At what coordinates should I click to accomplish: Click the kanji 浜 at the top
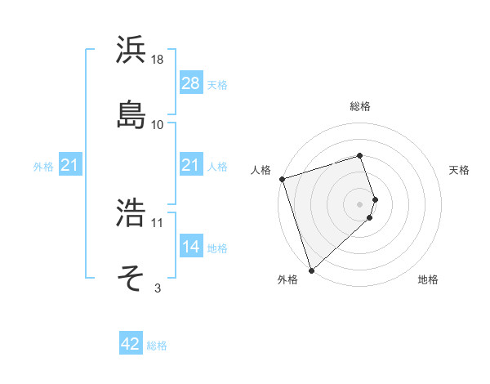pos(132,50)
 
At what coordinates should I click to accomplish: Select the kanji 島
pos(132,114)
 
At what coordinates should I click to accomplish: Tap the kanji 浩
pos(132,212)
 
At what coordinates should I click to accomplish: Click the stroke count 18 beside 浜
pos(158,60)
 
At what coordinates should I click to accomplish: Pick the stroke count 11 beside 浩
pos(158,222)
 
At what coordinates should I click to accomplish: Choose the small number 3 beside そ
pos(158,288)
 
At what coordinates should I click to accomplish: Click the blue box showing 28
pos(190,83)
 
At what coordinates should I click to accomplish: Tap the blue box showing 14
pos(190,246)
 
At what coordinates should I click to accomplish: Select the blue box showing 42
pos(131,344)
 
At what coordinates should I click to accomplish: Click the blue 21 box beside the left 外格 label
pos(70,166)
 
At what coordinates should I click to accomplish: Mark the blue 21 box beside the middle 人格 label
pos(190,166)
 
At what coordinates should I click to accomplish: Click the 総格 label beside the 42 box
pos(157,346)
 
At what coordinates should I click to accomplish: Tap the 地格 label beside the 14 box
pos(217,248)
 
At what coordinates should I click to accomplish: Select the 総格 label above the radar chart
pos(359,106)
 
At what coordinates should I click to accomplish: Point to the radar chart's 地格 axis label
pos(428,280)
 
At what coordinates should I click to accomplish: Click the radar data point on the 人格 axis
pos(282,179)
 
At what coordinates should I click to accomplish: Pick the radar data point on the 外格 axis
pos(311,270)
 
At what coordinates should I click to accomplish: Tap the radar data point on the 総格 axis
pos(359,155)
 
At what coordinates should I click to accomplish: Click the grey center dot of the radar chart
pos(359,203)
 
